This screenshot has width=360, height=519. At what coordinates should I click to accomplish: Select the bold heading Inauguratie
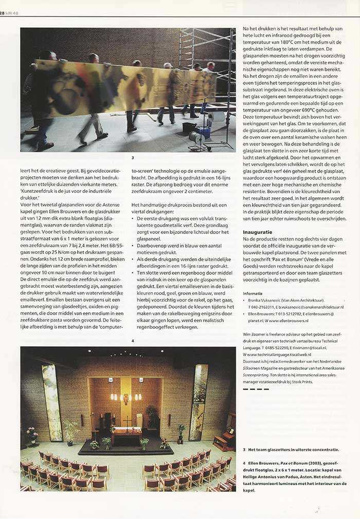258,232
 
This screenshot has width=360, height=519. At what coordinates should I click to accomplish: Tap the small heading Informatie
253,293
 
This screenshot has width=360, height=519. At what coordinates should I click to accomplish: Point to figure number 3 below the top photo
133,158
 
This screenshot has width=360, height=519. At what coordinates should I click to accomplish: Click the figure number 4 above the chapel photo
133,341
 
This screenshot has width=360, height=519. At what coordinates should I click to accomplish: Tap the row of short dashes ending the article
256,389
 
